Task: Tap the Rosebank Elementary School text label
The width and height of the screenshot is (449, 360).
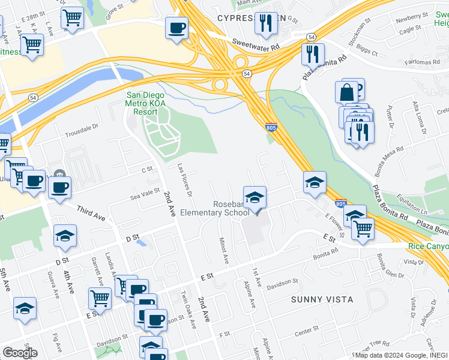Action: click(x=231, y=208)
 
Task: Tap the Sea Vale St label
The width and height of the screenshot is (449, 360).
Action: click(x=145, y=194)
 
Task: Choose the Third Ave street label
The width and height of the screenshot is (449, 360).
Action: click(x=89, y=213)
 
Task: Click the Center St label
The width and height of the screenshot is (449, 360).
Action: click(x=306, y=330)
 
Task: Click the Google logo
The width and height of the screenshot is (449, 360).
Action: click(x=19, y=353)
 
